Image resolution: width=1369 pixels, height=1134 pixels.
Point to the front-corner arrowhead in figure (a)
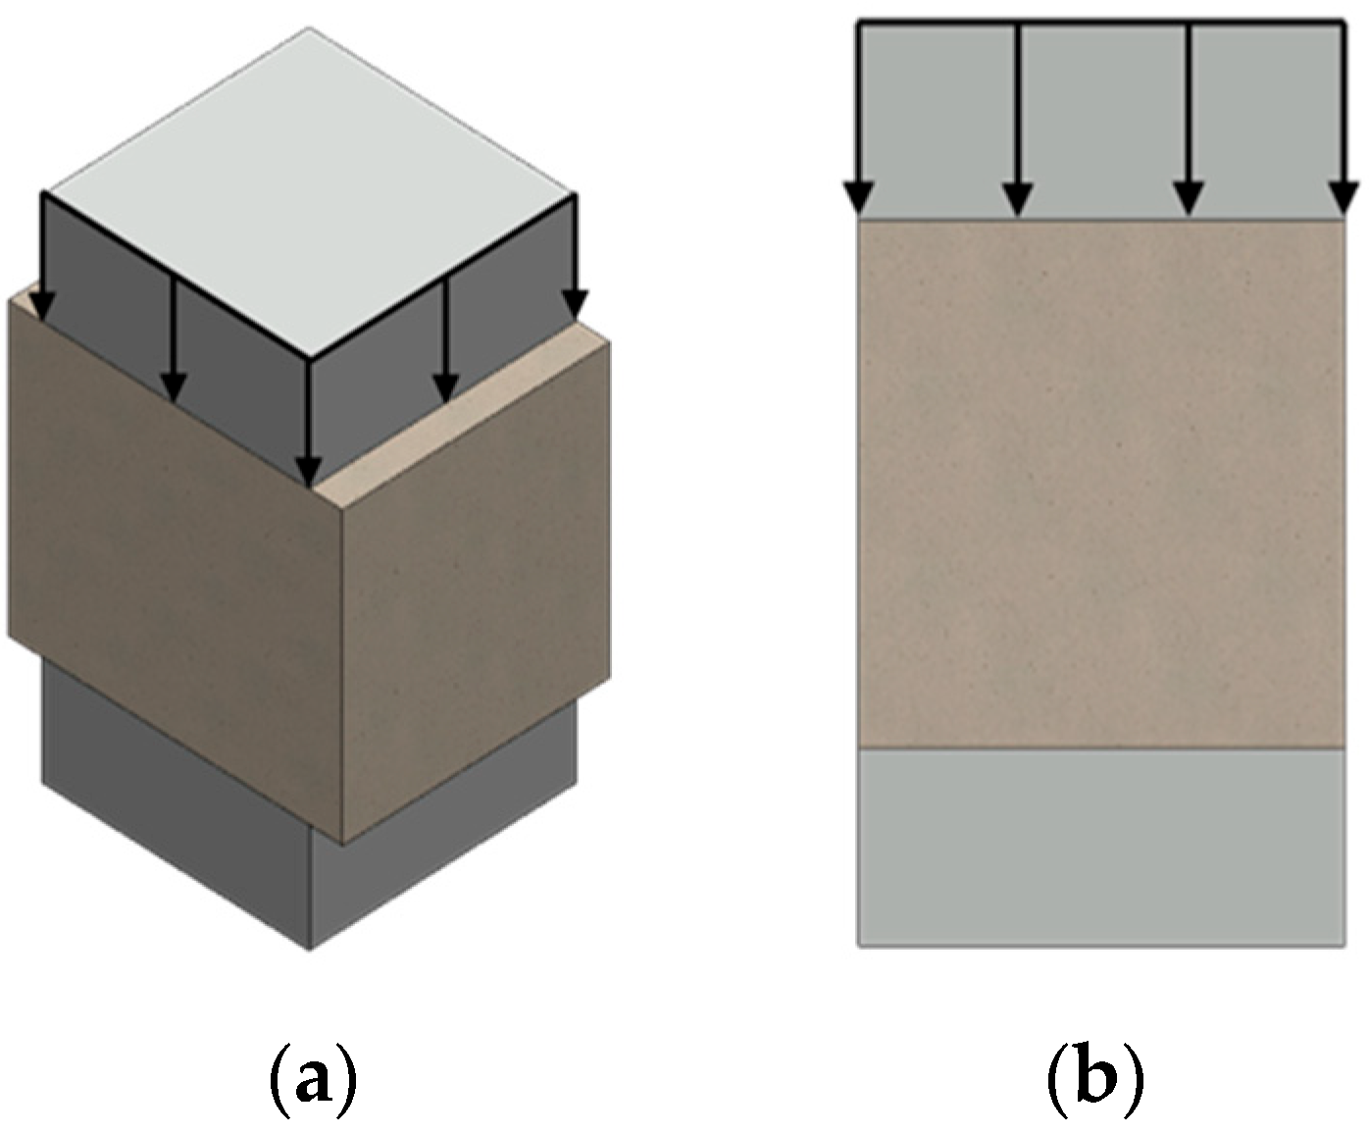coord(310,472)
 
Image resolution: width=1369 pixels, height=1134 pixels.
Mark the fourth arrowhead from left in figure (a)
coord(446,388)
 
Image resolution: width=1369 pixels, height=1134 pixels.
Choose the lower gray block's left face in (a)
coord(177,804)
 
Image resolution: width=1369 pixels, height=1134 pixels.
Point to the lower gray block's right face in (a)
coord(441,844)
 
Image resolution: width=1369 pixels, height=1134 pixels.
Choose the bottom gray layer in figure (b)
coord(1101,849)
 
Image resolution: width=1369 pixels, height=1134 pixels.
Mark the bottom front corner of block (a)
coord(311,947)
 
